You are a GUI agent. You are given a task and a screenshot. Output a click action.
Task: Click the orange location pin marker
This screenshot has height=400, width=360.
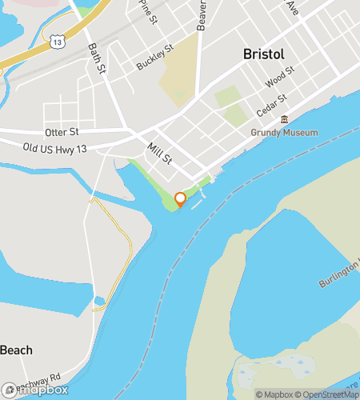pos(180,198)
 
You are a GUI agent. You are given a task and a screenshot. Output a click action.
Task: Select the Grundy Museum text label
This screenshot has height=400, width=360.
pos(284,133)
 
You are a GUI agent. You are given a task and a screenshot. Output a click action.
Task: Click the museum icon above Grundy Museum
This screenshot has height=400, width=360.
pos(283,120)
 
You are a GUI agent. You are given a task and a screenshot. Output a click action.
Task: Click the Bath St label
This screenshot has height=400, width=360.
pos(97,57)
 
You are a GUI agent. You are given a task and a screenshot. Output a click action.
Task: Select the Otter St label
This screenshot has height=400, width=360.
pos(62,131)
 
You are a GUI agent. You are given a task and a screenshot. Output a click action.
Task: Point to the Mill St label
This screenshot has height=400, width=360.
pos(160,152)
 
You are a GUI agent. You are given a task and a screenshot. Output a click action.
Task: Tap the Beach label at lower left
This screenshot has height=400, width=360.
pos(16,350)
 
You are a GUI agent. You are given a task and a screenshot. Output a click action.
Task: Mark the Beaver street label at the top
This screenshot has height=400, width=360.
pos(202,14)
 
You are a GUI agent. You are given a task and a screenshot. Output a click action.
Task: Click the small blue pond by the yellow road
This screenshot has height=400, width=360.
pos(99,301)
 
